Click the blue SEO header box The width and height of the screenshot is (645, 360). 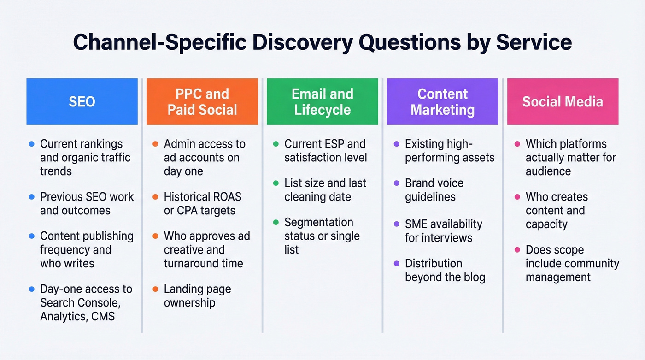[x=82, y=101]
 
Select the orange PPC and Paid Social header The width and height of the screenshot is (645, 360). [x=202, y=101]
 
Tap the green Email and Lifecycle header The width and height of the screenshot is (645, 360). [x=322, y=101]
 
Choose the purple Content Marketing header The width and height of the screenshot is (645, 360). [x=442, y=101]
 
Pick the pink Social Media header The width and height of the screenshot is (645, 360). [x=563, y=101]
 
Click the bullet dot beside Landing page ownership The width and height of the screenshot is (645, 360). [x=155, y=289]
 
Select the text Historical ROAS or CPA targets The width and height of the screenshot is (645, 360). [x=202, y=204]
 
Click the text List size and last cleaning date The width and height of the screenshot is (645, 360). [x=325, y=190]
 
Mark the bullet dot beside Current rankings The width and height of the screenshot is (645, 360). [x=31, y=144]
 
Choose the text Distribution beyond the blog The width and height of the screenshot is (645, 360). [x=445, y=270]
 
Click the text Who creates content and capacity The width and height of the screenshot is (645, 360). [x=556, y=211]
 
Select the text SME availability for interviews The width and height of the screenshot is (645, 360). [x=443, y=231]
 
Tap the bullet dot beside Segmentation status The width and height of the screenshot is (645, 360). [x=276, y=223]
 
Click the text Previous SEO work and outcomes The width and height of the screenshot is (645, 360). [x=87, y=204]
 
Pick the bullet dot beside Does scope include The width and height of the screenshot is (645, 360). [x=517, y=250]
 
